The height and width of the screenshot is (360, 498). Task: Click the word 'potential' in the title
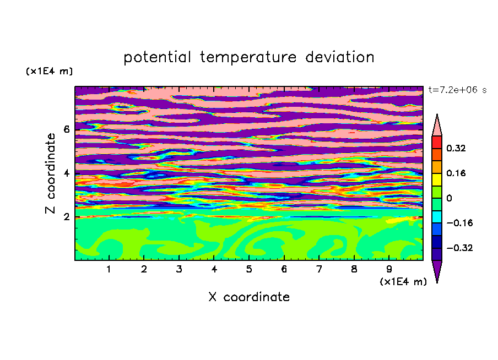click(157, 57)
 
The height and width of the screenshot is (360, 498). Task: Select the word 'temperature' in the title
click(248, 57)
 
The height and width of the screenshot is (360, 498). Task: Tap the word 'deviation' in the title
click(340, 57)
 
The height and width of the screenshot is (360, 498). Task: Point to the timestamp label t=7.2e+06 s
click(457, 90)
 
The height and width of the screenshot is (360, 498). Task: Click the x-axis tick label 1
click(109, 269)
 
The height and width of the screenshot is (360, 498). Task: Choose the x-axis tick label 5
click(249, 269)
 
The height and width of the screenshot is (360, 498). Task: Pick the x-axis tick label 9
click(389, 269)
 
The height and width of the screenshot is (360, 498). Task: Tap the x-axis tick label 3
click(179, 269)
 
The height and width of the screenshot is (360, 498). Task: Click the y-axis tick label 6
click(66, 129)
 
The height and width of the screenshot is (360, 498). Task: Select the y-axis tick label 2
click(66, 217)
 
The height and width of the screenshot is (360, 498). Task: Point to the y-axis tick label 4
click(66, 173)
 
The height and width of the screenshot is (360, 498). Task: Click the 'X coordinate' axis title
click(249, 297)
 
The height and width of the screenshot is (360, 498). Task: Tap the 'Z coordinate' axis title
click(50, 173)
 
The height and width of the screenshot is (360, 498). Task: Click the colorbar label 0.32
click(456, 148)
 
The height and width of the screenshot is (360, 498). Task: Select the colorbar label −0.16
click(459, 223)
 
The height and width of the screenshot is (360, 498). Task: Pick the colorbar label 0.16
click(456, 173)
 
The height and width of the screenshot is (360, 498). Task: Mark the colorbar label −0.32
click(459, 248)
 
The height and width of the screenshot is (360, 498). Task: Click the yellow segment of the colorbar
click(437, 179)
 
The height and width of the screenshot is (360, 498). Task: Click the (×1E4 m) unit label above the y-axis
click(49, 71)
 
